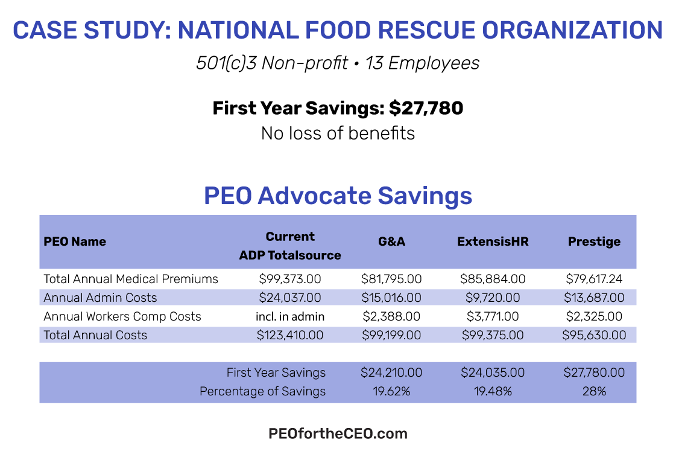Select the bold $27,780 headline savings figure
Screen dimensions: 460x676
coord(426,108)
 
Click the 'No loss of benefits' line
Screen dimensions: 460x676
coord(338,133)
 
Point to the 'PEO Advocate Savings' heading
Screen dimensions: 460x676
coord(338,196)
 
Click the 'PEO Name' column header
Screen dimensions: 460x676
coord(75,241)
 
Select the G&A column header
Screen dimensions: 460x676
coord(391,241)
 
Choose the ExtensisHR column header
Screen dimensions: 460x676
coord(493,241)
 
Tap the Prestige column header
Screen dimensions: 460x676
coord(594,241)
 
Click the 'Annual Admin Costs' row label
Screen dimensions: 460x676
coord(100,298)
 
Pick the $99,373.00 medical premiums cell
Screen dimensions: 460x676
coord(290,279)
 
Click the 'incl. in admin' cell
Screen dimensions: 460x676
coord(290,316)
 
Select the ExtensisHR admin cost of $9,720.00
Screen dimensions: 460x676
coord(493,298)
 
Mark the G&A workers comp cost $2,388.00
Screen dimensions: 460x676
coord(391,316)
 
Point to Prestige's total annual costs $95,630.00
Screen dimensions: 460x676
coord(594,335)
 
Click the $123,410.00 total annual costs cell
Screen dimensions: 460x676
coord(290,335)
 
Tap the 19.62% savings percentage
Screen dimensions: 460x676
coord(391,391)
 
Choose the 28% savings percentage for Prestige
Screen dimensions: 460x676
coord(594,391)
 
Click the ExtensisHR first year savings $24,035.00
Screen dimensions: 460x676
coord(493,372)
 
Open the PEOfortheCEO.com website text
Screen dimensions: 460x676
coord(338,433)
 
